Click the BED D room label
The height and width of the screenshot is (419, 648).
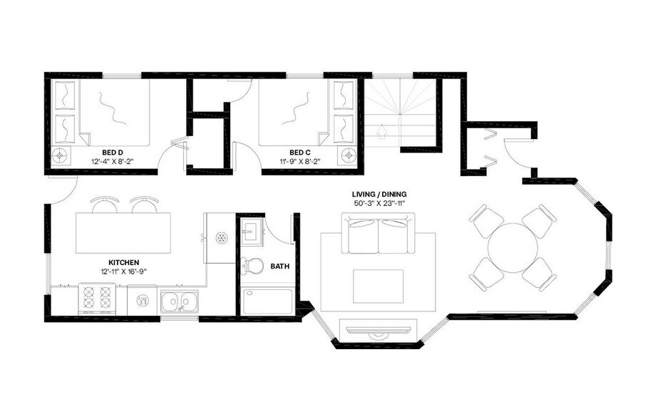point(113,152)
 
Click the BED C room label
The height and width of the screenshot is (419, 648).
point(300,152)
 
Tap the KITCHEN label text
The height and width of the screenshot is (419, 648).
point(124,262)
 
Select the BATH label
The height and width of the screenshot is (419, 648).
point(279,267)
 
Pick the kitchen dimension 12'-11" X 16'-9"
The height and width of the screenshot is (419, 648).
point(124,271)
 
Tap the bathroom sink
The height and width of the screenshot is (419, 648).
point(250,230)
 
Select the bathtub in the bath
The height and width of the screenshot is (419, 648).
point(267,301)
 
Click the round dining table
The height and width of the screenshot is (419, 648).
point(513,247)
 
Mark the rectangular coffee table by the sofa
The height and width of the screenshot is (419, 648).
point(378,285)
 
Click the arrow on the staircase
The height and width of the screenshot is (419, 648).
point(382,132)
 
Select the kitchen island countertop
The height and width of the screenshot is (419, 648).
point(124,232)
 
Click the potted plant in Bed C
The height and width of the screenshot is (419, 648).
point(348,155)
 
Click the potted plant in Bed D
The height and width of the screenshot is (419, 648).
point(61,155)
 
